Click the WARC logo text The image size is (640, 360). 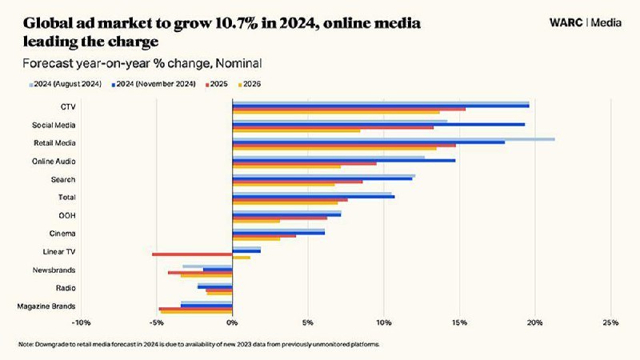[x=566, y=22]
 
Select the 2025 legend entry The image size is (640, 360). [x=217, y=84]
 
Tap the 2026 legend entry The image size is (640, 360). [x=250, y=84]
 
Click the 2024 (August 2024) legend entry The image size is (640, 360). [x=66, y=84]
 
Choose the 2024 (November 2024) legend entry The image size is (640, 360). [x=154, y=84]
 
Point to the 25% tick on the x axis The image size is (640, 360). [x=610, y=323]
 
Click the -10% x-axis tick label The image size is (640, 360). [x=81, y=323]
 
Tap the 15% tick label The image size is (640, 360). [x=459, y=323]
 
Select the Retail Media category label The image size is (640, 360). [x=54, y=143]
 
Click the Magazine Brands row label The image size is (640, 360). [x=46, y=306]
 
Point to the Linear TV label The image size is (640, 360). [x=59, y=252]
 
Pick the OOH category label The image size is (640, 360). [x=67, y=215]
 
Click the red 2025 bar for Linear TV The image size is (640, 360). [x=192, y=254]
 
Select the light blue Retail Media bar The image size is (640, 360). [x=394, y=139]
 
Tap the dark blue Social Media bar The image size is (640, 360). [x=378, y=124]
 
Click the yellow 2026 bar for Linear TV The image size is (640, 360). [x=242, y=258]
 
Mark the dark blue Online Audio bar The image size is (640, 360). [x=344, y=161]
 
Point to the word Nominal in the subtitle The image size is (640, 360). [x=238, y=64]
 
